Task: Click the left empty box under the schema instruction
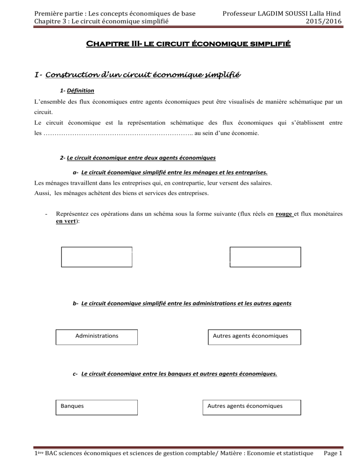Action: (x=97, y=257)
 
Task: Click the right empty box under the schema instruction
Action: (x=265, y=257)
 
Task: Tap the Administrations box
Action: (x=97, y=337)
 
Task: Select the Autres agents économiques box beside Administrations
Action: (x=254, y=337)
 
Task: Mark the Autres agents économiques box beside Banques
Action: (x=251, y=407)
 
